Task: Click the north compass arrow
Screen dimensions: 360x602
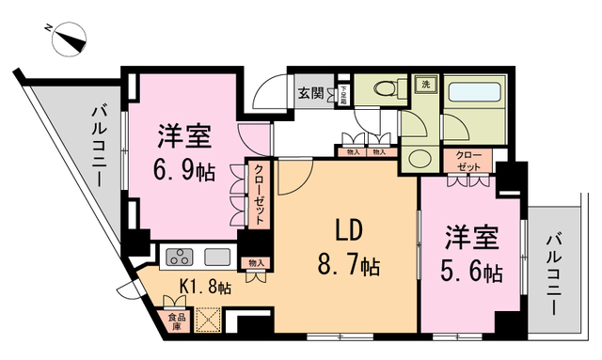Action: [x=71, y=40]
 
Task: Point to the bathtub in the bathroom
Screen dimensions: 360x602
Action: [x=476, y=95]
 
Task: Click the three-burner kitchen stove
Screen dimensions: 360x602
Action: [x=178, y=256]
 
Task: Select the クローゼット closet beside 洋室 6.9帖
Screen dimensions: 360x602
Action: [x=257, y=194]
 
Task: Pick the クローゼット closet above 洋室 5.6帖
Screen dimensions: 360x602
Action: [x=467, y=161]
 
